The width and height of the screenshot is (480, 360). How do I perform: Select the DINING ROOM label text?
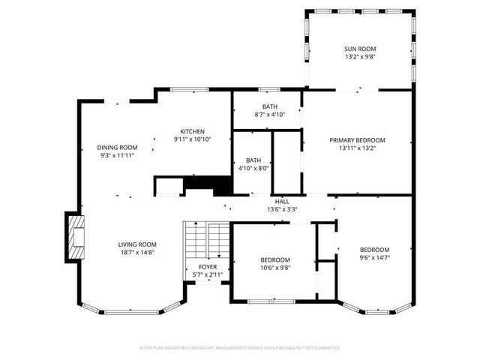click(118, 147)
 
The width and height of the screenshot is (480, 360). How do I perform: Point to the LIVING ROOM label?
click(137, 244)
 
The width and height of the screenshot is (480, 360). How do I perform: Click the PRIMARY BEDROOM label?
click(357, 140)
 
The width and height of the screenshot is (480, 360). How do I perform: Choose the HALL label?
click(282, 201)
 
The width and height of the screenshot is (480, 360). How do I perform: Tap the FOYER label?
click(208, 267)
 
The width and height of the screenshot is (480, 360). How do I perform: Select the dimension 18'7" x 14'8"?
click(137, 253)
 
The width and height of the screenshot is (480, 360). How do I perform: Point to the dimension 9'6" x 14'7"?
click(374, 258)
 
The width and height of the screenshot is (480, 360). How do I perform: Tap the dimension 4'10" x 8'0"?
click(253, 168)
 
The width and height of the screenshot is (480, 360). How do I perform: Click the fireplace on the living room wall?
click(75, 237)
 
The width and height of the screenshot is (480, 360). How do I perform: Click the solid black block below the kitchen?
click(208, 185)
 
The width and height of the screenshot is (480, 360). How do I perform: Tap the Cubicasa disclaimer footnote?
click(240, 348)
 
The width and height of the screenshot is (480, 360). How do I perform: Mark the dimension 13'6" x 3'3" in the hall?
click(282, 209)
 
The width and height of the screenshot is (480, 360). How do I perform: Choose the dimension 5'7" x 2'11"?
click(208, 275)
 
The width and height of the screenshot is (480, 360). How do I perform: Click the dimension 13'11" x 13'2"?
click(357, 148)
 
